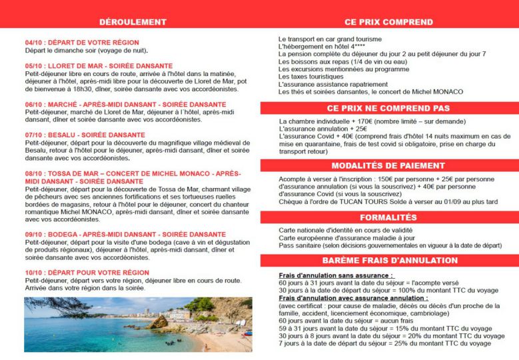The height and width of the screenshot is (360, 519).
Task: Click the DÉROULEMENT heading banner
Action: tap(132, 22)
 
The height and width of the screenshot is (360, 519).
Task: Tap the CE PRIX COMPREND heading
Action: tap(388, 22)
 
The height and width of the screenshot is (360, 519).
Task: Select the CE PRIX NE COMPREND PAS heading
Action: tap(388, 108)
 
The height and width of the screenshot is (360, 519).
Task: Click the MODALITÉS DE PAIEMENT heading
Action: tap(388, 165)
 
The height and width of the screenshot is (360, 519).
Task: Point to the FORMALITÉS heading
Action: tap(388, 217)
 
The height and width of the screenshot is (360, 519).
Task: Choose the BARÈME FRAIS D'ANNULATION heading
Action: tap(388, 260)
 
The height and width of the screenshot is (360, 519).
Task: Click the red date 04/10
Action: tap(35, 42)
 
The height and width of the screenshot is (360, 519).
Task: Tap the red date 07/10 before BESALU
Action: tap(35, 135)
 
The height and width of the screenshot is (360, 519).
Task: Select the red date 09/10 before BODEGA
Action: tap(35, 234)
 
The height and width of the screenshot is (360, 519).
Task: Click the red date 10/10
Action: tap(35, 273)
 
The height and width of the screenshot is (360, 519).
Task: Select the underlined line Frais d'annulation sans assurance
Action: tap(335, 275)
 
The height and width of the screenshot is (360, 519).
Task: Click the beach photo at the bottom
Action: tap(138, 325)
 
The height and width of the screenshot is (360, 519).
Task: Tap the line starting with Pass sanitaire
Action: tap(390, 245)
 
